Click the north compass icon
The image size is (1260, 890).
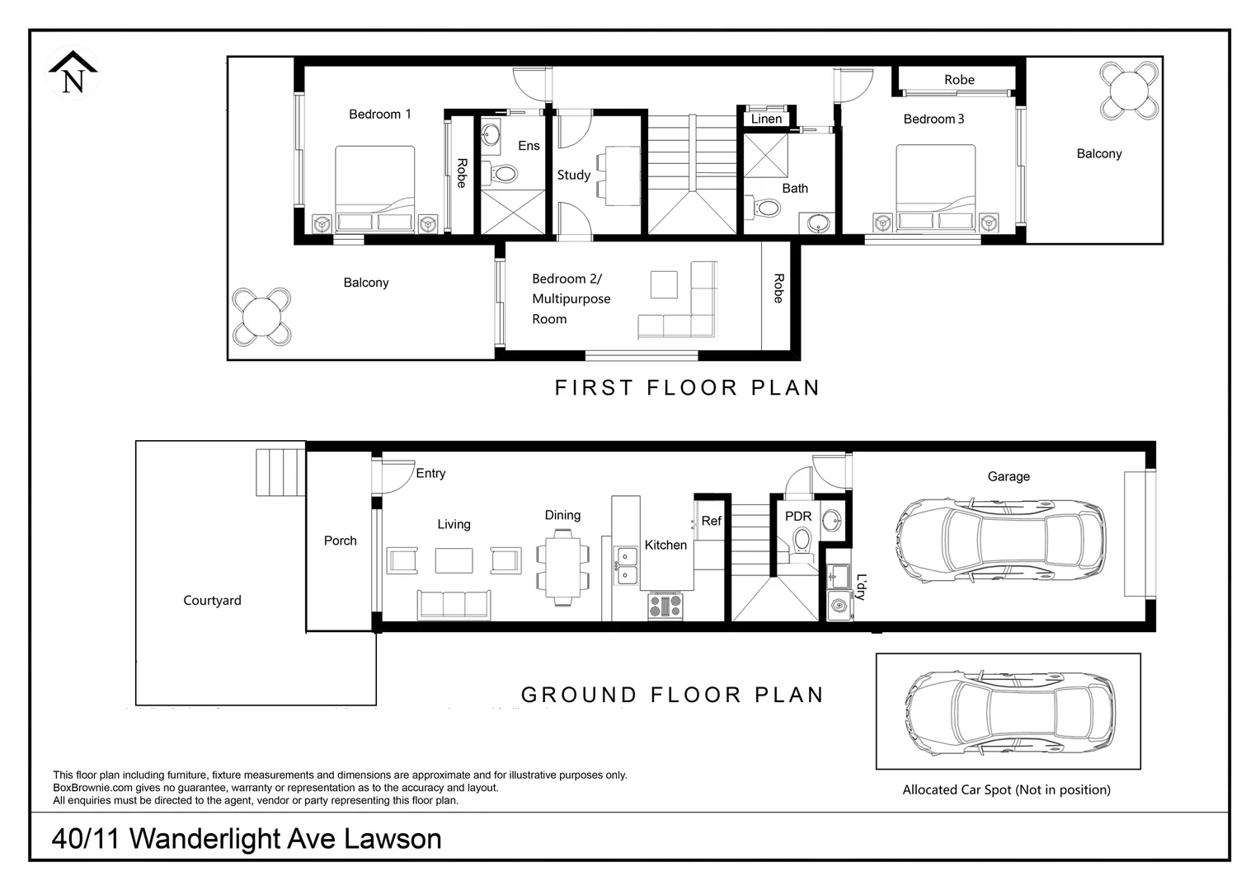tap(73, 73)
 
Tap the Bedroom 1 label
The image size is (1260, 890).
tap(379, 115)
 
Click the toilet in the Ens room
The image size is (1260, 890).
tap(504, 174)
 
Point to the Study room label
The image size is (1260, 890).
tap(573, 175)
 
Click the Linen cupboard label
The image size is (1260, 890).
tap(766, 119)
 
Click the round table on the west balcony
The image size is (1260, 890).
tap(261, 316)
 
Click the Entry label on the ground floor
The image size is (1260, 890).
tap(430, 473)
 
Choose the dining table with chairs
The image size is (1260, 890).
tap(563, 566)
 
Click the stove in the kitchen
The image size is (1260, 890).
tap(665, 606)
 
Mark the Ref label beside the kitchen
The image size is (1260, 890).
tap(711, 521)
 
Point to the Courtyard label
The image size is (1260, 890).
tap(212, 600)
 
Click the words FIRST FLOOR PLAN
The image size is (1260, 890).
tap(687, 388)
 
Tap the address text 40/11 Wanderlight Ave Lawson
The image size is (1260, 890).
tap(247, 839)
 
